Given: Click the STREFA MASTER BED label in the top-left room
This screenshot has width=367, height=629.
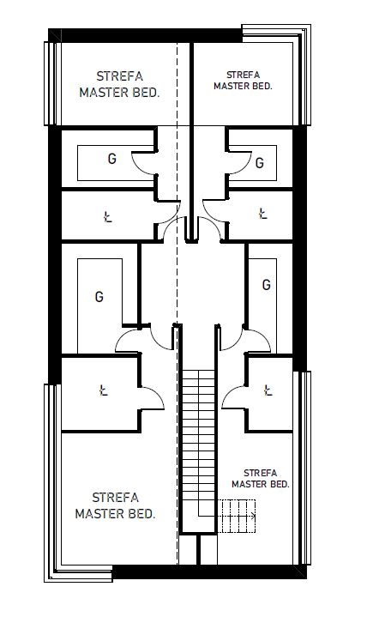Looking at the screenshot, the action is coord(120,84).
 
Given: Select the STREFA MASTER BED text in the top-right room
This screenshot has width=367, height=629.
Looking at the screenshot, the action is coord(243,80).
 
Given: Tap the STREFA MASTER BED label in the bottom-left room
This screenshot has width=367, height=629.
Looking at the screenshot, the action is coord(116,505).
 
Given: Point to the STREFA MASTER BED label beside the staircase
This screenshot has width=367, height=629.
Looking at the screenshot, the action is coord(261,479).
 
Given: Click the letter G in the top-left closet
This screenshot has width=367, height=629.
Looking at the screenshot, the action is coord(112,159).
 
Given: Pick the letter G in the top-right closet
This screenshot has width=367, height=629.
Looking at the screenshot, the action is coord(260,163).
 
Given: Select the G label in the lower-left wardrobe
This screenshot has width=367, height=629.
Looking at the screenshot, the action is coord(99,297).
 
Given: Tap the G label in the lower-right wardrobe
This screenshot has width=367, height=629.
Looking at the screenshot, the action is coord(267,285).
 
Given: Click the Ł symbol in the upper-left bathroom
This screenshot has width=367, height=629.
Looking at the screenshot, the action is coord(107,217).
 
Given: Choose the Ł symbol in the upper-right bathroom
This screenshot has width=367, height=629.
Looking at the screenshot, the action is coord(262,214).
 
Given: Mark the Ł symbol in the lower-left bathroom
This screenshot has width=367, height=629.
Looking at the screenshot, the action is coord(104,390).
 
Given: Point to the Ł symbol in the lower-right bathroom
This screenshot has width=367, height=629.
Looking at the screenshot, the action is coord(268,390).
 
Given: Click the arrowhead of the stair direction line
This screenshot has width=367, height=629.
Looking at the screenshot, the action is coord(253,517).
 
